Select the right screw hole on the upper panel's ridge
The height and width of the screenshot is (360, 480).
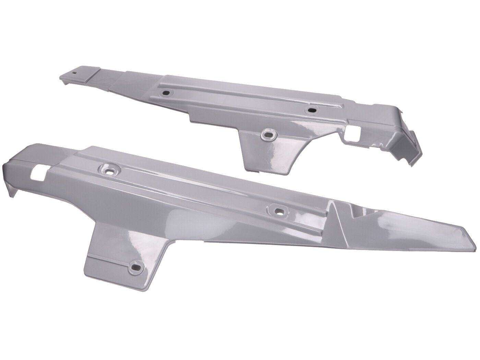coord(312,110)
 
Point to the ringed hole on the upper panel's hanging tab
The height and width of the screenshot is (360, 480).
coord(268,134)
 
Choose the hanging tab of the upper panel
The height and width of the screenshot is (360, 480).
coord(271,151)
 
